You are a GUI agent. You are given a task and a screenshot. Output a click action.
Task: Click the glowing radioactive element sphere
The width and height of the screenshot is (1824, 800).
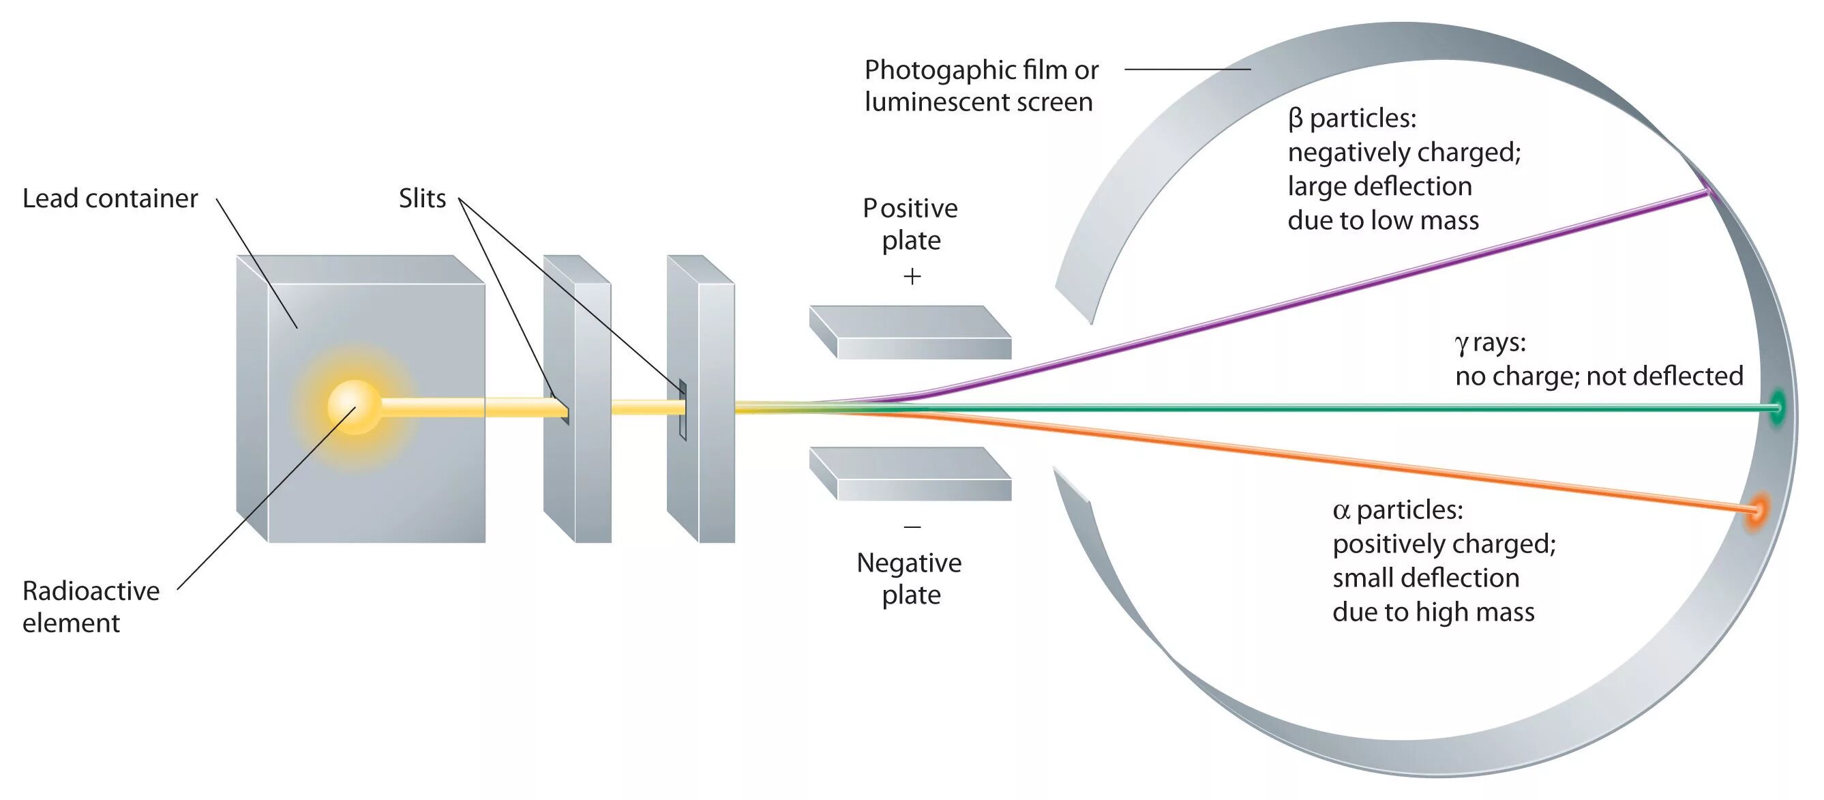(x=354, y=407)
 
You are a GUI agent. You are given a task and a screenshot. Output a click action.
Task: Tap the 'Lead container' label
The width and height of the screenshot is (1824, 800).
(x=110, y=198)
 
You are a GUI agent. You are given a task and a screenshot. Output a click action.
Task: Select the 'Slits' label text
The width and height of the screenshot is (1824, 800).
(x=422, y=198)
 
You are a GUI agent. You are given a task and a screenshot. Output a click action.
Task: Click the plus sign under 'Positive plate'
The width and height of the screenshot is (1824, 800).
(x=912, y=276)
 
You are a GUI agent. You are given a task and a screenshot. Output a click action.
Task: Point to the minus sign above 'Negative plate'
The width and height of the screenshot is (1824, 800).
(x=912, y=527)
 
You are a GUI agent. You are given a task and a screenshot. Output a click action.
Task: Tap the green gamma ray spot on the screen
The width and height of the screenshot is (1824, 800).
(x=1776, y=407)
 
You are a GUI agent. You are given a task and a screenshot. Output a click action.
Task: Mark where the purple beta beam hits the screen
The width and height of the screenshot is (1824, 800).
(x=1709, y=191)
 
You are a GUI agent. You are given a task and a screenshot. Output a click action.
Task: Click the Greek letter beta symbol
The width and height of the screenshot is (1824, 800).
(x=1295, y=119)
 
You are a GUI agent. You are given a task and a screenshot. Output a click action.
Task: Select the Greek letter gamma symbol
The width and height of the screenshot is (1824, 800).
(x=1461, y=344)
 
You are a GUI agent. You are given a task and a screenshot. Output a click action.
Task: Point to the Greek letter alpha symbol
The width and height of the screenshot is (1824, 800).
(x=1341, y=510)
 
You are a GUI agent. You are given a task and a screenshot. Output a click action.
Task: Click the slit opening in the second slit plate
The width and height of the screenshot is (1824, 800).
(x=683, y=409)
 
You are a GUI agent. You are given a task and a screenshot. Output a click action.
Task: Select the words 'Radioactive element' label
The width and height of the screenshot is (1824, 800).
(x=91, y=606)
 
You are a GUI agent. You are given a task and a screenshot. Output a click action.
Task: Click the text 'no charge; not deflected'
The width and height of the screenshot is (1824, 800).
(x=1599, y=376)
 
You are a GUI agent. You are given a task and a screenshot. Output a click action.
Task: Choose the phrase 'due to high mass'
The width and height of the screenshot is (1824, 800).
(x=1433, y=612)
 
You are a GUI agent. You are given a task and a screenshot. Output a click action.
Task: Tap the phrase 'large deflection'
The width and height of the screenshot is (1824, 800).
(x=1379, y=186)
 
